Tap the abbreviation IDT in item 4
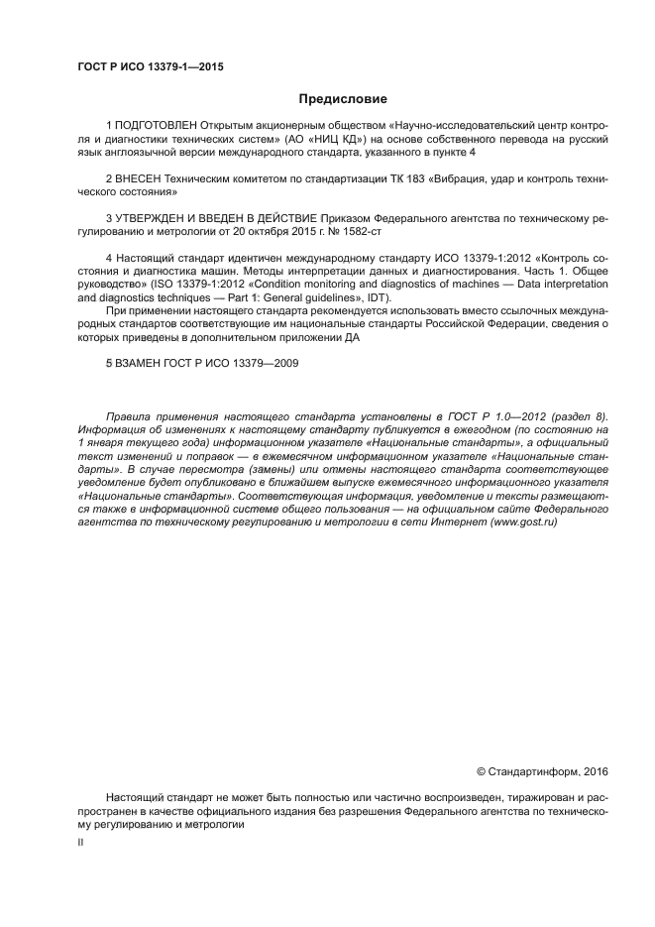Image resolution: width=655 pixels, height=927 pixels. click(378, 297)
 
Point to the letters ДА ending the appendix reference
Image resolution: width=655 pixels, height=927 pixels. click(351, 337)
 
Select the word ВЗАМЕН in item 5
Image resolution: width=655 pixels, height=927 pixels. click(142, 364)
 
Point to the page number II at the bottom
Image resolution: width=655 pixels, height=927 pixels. click(81, 841)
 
